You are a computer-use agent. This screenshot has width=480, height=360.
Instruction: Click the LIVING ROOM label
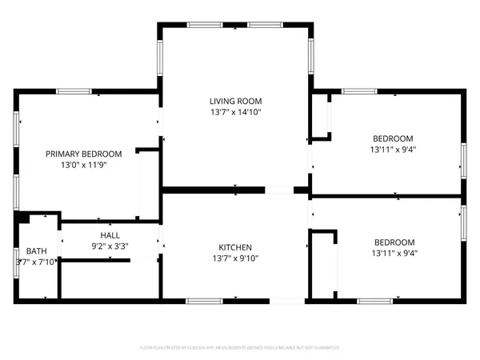click(235, 102)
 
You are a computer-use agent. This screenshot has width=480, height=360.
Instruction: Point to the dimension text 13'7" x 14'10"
click(235, 113)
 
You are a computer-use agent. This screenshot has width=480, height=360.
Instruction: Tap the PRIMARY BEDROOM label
click(83, 154)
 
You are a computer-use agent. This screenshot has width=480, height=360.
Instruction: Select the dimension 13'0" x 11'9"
click(83, 166)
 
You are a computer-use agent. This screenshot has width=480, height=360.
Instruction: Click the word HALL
click(110, 235)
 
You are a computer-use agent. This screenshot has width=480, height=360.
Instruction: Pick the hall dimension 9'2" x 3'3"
click(110, 246)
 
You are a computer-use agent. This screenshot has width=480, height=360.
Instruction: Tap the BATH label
click(37, 250)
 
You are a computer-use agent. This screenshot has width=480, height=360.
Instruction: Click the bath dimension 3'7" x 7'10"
click(37, 262)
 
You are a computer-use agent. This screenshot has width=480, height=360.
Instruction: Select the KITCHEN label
click(236, 247)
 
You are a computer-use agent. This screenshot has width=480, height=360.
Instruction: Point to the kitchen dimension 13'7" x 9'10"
click(236, 258)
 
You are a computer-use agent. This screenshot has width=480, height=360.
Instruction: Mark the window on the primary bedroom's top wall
click(74, 91)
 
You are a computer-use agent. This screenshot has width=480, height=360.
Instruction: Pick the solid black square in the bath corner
click(23, 218)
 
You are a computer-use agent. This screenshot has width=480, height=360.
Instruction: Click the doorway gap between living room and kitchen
click(279, 190)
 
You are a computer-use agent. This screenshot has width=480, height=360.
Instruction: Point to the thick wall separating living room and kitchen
click(213, 190)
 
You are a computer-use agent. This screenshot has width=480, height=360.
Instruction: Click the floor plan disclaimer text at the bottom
click(239, 348)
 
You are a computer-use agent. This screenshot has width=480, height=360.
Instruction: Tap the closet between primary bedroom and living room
click(149, 184)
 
